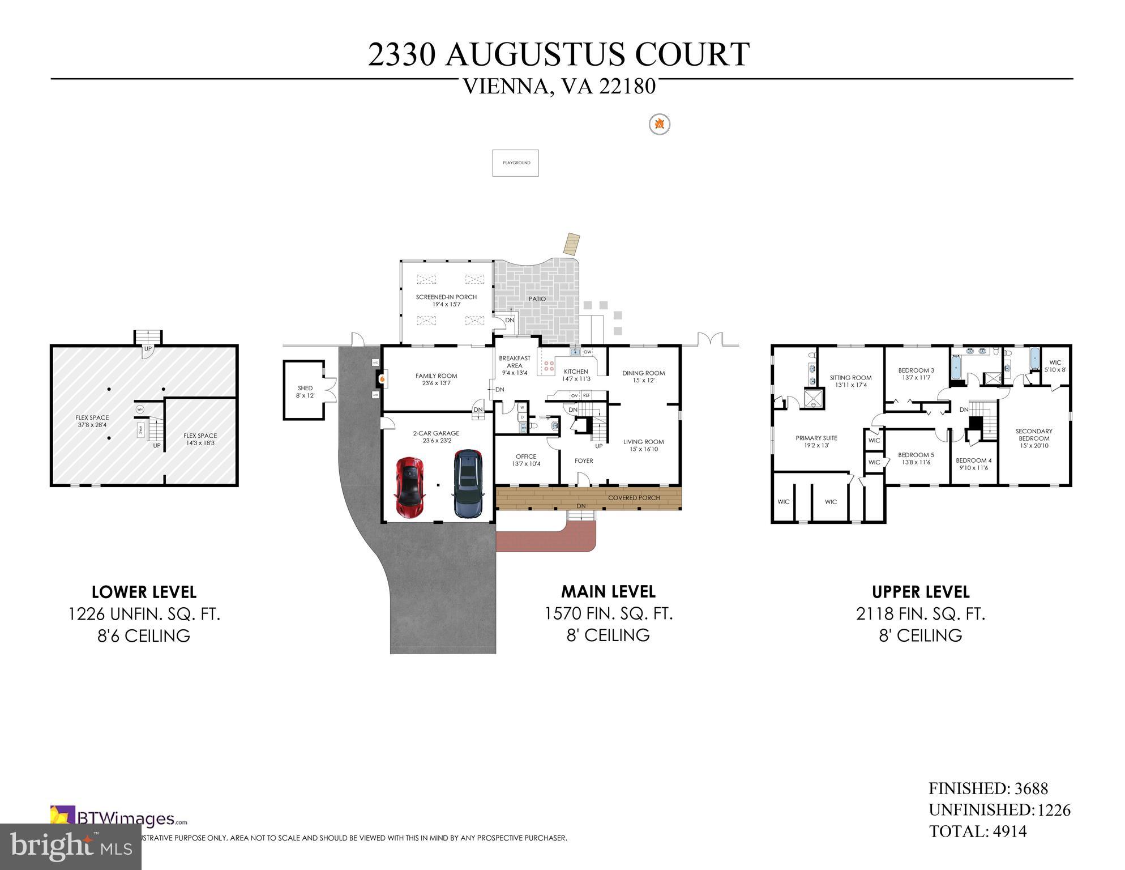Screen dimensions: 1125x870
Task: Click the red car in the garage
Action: pos(410,488)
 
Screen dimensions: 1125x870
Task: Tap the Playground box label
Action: pos(516,163)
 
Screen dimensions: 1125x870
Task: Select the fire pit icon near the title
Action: pos(659,124)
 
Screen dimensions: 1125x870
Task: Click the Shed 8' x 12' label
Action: pos(305,392)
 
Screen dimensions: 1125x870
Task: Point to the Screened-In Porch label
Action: pos(446,301)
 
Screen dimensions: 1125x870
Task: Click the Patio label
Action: pos(537,298)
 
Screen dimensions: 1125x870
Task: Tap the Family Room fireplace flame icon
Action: pos(383,378)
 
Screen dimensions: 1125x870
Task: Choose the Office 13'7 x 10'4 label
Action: pos(526,460)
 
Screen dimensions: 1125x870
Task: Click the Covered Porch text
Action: pos(634,498)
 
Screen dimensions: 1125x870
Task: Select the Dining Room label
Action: pos(643,377)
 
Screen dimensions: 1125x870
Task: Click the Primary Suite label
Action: pos(816,442)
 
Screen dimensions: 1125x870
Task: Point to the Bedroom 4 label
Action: pos(973,464)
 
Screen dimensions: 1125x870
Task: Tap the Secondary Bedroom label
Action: pos(1034,438)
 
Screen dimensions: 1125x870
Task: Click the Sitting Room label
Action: pos(850,381)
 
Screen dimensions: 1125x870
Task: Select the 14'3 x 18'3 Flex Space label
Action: pos(200,439)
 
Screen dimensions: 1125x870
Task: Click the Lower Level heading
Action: pos(144,592)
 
